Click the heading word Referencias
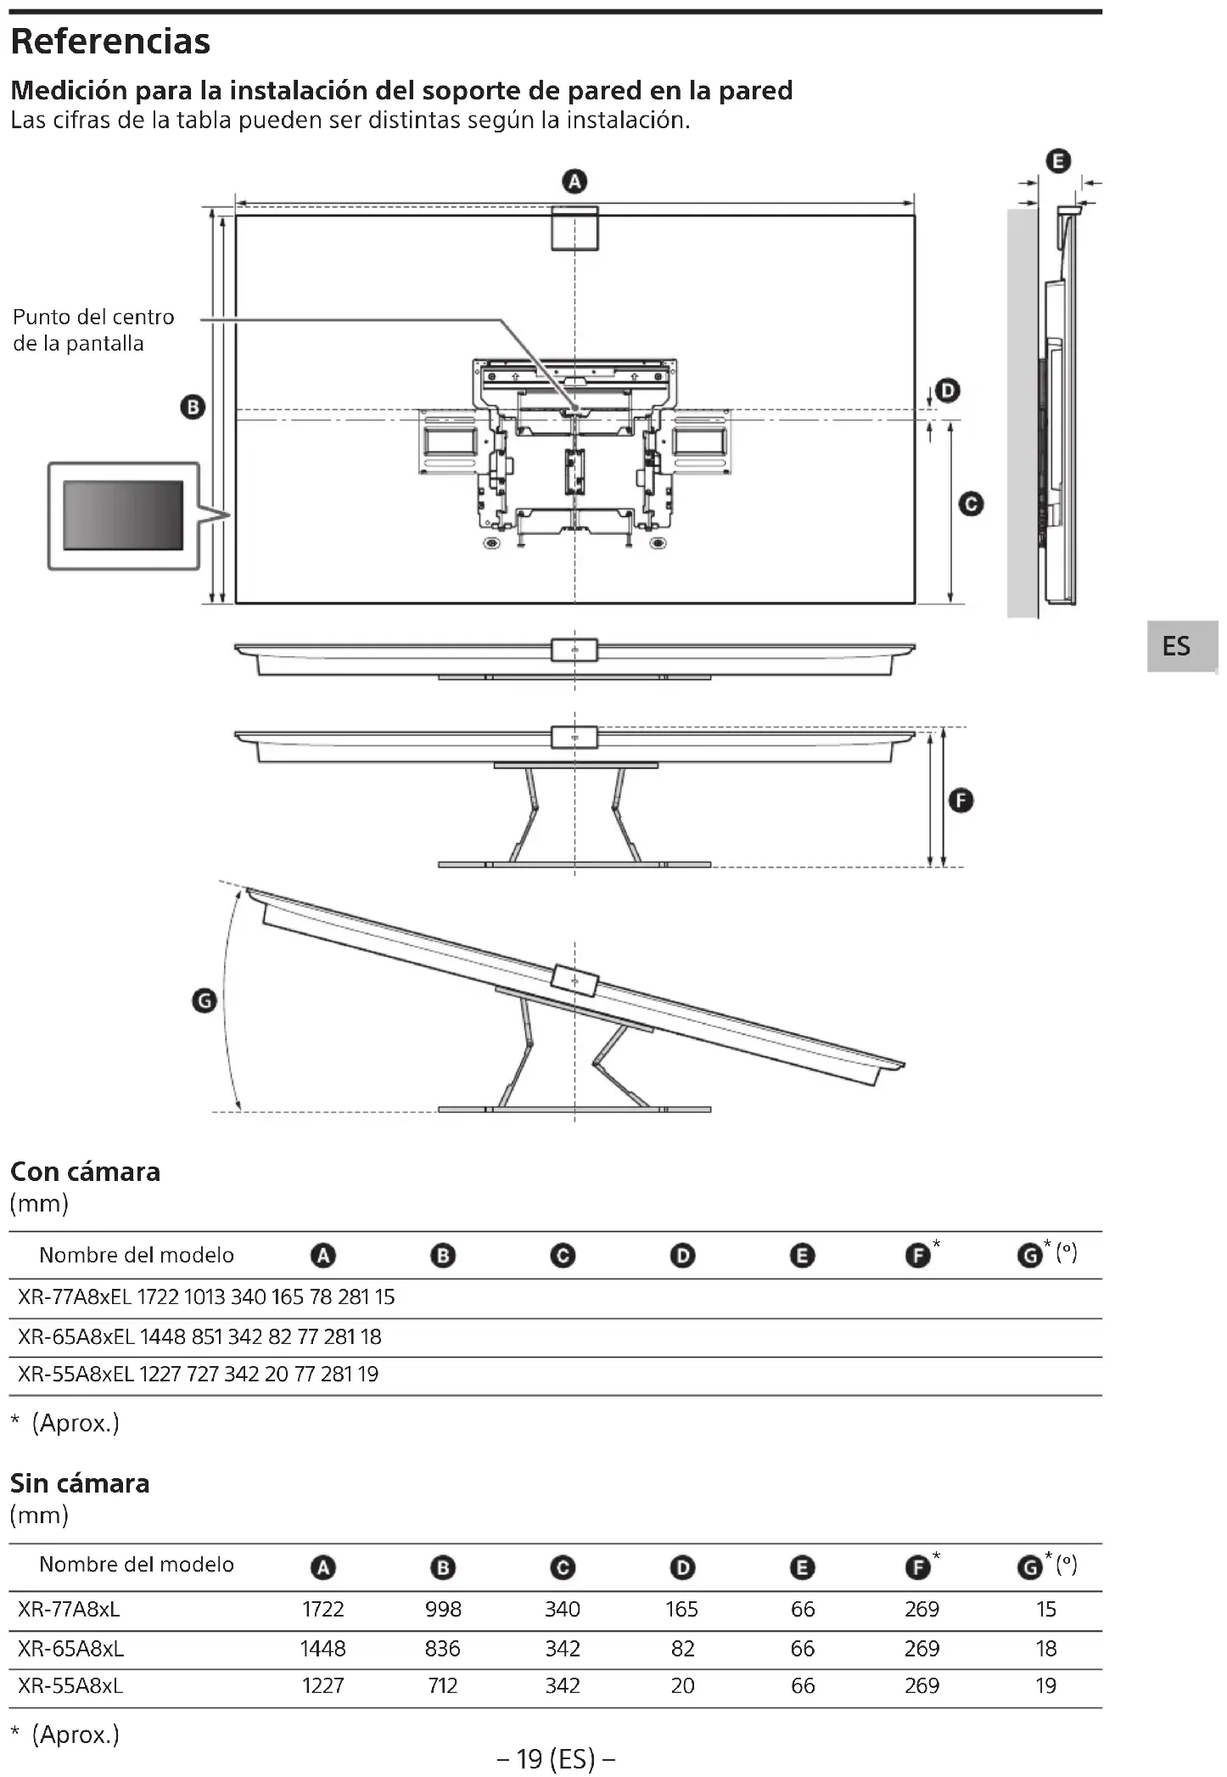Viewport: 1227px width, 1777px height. (x=110, y=42)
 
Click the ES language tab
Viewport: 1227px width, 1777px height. (x=1176, y=646)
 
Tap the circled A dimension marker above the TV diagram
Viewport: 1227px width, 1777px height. (x=574, y=182)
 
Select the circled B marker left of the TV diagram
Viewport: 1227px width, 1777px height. (x=193, y=408)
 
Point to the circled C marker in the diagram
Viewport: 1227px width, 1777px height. (x=971, y=504)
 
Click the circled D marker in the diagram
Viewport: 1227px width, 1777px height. (x=947, y=391)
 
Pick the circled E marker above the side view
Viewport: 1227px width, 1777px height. (x=1058, y=161)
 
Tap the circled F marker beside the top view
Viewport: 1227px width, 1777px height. (x=961, y=800)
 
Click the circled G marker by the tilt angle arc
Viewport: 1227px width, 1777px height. (x=205, y=1001)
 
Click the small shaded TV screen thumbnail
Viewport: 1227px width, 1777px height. (x=123, y=515)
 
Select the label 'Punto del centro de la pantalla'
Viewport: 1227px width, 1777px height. (x=93, y=330)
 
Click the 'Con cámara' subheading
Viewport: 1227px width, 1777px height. (x=85, y=1172)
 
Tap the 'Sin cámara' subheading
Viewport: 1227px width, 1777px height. (x=80, y=1483)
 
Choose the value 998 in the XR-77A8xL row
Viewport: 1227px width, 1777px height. (x=443, y=1610)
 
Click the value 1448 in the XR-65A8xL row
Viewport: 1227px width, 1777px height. (x=322, y=1649)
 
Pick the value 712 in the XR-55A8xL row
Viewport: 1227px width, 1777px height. (x=443, y=1686)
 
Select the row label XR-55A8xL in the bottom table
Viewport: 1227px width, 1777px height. (x=70, y=1686)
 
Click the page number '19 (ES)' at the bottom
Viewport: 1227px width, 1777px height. (x=556, y=1758)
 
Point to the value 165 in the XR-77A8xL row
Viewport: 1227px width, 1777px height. (x=681, y=1610)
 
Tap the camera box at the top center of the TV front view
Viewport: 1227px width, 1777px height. (x=574, y=228)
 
